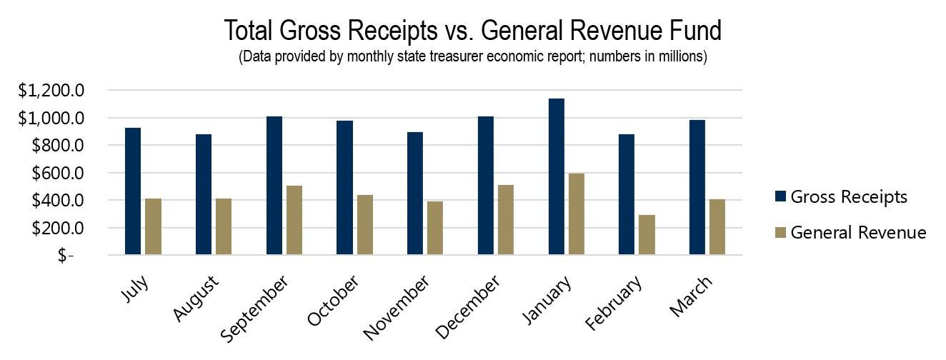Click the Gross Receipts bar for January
[x=556, y=176]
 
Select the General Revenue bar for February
[x=647, y=234]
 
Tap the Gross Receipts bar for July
[x=133, y=191]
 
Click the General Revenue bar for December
[x=506, y=219]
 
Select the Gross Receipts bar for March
[x=697, y=187]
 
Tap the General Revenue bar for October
[x=364, y=224]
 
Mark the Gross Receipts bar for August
[x=204, y=194]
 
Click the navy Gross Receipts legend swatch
[x=780, y=196]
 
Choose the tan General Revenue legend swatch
[x=780, y=233]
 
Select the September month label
[x=256, y=308]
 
